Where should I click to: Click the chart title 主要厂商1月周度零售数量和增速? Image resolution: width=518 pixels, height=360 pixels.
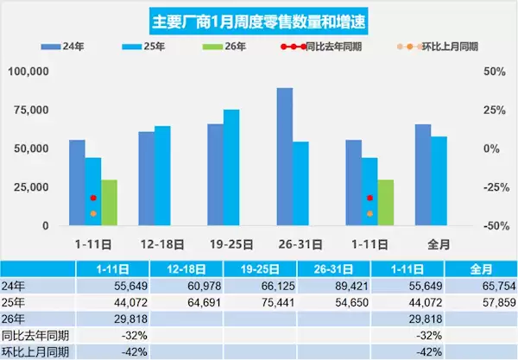(x=258, y=18)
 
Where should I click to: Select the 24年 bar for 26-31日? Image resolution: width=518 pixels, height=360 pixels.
(x=284, y=156)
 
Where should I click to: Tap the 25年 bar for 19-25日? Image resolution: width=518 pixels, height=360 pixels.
(x=231, y=167)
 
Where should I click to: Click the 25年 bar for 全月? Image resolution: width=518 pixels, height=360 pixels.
(x=439, y=180)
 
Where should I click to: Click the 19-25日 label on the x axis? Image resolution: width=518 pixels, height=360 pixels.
(x=224, y=244)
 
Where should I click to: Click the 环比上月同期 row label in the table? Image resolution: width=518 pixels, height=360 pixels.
(x=35, y=351)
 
